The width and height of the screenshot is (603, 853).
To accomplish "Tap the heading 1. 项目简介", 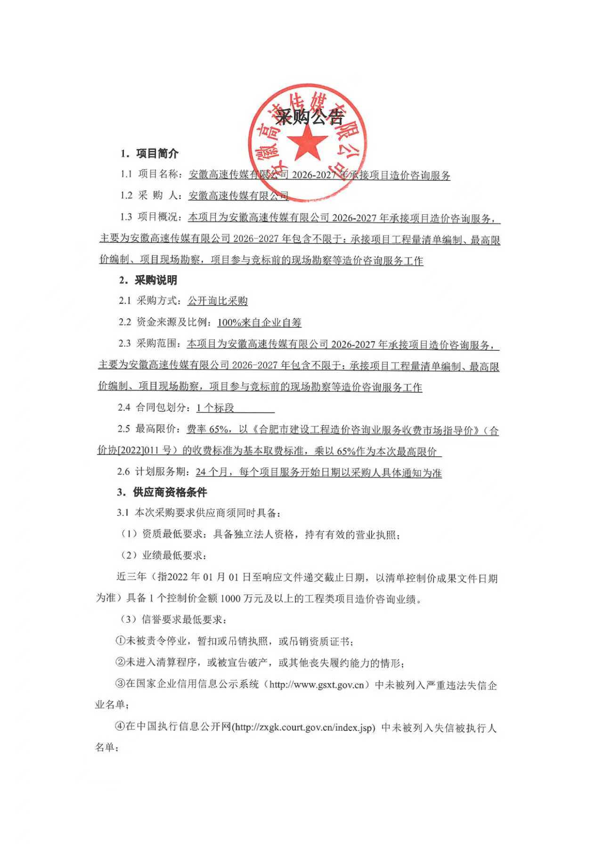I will point(149,154).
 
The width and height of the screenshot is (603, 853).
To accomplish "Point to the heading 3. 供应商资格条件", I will point(162,493).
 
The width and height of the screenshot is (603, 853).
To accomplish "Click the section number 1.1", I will point(126,174).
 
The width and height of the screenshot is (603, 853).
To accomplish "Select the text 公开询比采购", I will point(218,301).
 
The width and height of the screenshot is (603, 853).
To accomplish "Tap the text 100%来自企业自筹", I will point(259,323).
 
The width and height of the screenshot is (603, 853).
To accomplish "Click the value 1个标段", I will point(215,408).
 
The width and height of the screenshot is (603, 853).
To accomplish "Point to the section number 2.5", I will point(124,429).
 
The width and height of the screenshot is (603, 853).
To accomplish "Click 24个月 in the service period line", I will point(212,472).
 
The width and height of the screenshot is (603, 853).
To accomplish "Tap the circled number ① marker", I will point(120,641).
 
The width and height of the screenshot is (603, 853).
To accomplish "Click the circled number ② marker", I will point(120,663).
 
